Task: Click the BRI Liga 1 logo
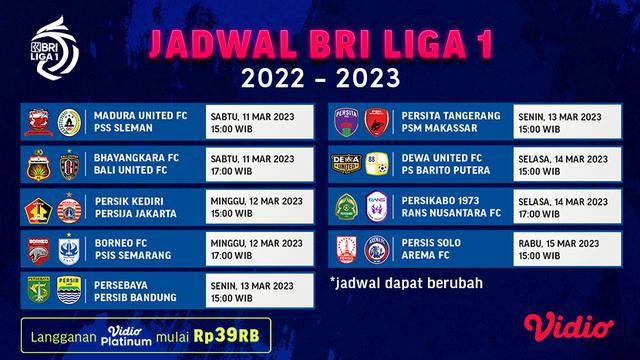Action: point(46,39)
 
